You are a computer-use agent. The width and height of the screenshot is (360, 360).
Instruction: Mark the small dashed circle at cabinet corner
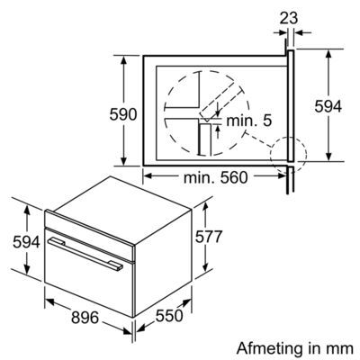[290, 150]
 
